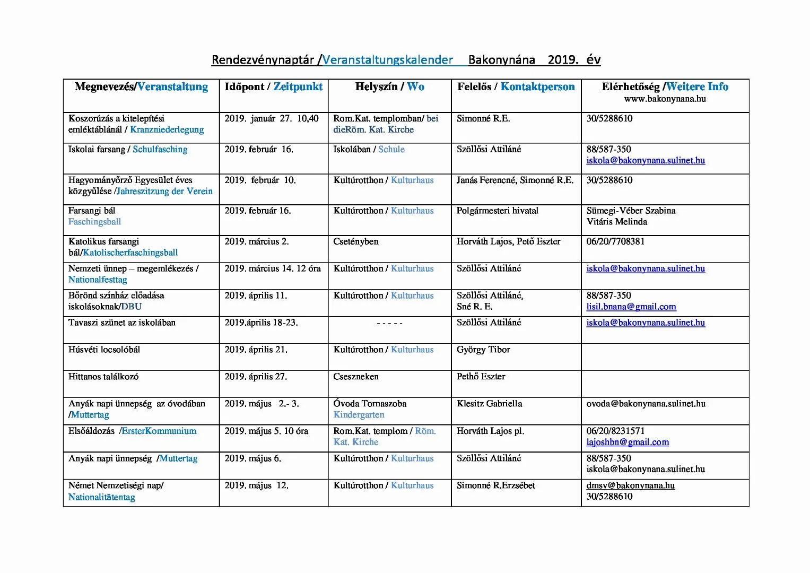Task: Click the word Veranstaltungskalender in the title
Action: click(387, 59)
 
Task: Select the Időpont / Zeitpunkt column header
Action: click(273, 87)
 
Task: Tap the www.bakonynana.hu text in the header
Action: click(665, 99)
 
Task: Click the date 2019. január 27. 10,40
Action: click(271, 118)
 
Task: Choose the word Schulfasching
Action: click(160, 150)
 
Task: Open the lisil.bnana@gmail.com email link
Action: click(631, 307)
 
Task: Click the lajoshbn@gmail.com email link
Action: click(628, 442)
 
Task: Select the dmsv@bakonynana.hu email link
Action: click(630, 485)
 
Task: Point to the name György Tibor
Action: click(483, 350)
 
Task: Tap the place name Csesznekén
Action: click(356, 377)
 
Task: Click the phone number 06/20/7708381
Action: click(615, 241)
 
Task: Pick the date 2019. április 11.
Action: click(256, 296)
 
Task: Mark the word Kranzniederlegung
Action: click(167, 129)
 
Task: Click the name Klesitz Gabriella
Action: click(489, 404)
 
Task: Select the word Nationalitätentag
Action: click(101, 497)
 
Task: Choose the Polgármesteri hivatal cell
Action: click(497, 211)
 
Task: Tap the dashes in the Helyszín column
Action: click(389, 323)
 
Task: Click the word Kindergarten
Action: click(359, 415)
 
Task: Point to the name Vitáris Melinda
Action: click(616, 222)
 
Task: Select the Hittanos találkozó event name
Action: click(103, 377)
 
